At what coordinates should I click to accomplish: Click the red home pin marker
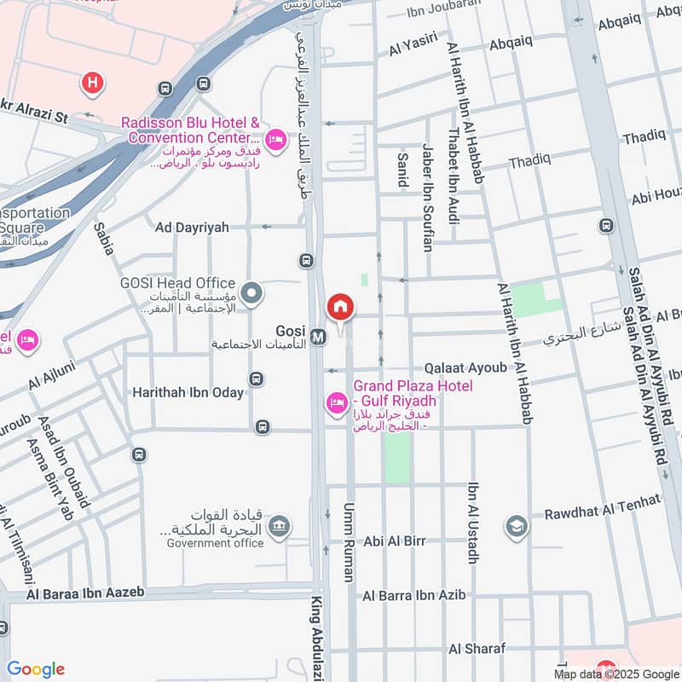[340, 307]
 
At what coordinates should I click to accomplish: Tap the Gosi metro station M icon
[318, 337]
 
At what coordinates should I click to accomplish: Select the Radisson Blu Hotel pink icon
[275, 138]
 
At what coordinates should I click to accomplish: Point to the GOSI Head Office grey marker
[251, 295]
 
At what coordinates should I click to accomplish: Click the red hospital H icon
[91, 83]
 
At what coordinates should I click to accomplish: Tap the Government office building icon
[278, 529]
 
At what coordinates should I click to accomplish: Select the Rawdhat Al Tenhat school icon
[515, 526]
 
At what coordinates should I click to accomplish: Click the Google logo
[36, 669]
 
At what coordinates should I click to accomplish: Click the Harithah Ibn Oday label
[188, 392]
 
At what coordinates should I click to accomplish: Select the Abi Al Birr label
[394, 540]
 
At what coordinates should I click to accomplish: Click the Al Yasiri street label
[413, 49]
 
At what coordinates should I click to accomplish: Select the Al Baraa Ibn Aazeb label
[85, 592]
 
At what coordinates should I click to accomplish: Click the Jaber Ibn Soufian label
[427, 197]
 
